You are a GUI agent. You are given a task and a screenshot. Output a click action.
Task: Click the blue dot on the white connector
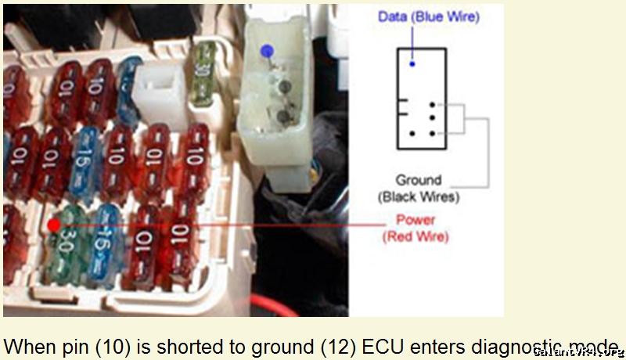[x=267, y=52]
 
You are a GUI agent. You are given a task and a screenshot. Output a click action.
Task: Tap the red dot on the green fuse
[x=53, y=225]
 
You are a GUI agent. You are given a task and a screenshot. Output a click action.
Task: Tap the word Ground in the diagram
[x=418, y=180]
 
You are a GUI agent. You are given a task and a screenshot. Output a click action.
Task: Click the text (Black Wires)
[x=419, y=196]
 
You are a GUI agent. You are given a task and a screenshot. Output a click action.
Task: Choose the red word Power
[x=416, y=220]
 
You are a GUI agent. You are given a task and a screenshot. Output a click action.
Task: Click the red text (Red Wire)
[x=416, y=236]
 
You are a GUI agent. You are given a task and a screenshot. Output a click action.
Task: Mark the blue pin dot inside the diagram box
[x=412, y=63]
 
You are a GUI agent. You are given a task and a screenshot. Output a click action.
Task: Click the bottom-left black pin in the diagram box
[x=412, y=132]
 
